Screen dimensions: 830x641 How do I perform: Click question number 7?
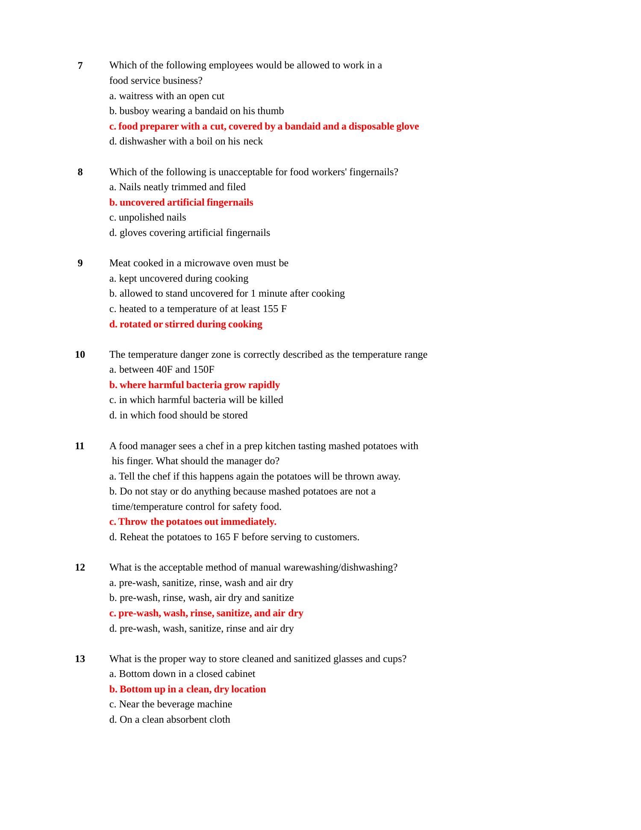pos(80,66)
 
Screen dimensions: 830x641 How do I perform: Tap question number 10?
pos(80,355)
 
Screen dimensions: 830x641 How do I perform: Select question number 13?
pos(80,659)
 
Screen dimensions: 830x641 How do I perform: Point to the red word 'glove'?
pos(407,127)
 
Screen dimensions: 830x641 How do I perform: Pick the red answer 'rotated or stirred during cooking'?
pos(186,324)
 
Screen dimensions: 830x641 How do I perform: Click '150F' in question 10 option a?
pos(203,370)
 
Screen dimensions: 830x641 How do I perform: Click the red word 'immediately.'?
pos(248,522)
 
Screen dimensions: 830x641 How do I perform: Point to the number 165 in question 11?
pos(223,537)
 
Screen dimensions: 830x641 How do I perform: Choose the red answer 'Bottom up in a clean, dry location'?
pos(188,689)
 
